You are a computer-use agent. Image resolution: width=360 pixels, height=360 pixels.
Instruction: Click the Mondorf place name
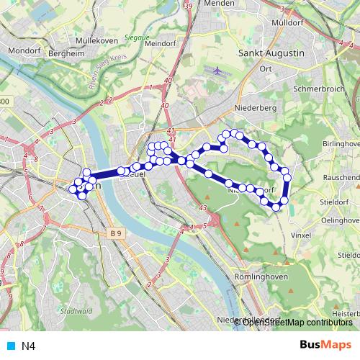(24, 52)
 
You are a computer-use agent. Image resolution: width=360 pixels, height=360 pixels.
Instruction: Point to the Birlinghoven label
(341, 144)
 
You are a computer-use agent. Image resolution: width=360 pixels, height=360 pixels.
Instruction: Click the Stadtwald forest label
(76, 311)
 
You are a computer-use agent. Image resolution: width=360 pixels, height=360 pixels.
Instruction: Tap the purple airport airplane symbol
(218, 71)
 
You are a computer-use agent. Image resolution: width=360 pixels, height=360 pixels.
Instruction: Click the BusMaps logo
(326, 346)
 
